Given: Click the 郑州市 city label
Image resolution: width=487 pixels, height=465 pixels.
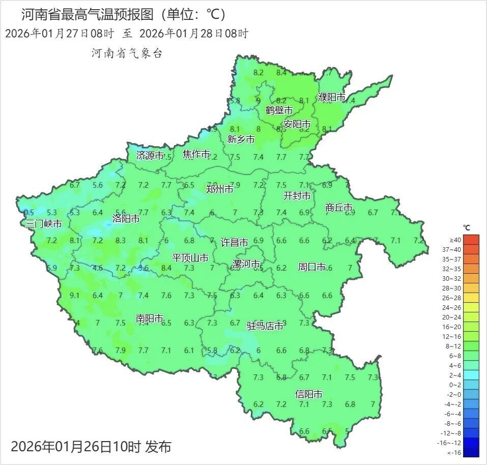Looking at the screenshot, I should pyautogui.click(x=219, y=189).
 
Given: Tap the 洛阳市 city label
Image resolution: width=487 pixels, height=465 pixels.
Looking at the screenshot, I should pyautogui.click(x=126, y=219).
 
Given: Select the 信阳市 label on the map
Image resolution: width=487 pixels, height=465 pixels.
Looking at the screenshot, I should pyautogui.click(x=309, y=394).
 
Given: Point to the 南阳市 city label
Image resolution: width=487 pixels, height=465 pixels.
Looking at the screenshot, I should pyautogui.click(x=150, y=318).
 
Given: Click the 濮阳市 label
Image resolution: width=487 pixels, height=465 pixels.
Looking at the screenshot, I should pyautogui.click(x=331, y=97).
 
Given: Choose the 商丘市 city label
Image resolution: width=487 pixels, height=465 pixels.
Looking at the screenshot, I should pyautogui.click(x=339, y=208).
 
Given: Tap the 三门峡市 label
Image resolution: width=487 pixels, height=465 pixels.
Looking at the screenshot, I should pyautogui.click(x=44, y=224).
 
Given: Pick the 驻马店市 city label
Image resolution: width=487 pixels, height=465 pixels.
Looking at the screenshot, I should pyautogui.click(x=265, y=326).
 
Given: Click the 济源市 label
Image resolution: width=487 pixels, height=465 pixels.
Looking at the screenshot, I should pyautogui.click(x=150, y=156).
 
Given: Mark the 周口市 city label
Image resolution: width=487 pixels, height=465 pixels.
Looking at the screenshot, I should pyautogui.click(x=311, y=267).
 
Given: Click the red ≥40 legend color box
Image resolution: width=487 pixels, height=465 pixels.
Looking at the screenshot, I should pyautogui.click(x=472, y=240).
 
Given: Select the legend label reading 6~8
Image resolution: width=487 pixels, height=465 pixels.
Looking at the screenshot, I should pyautogui.click(x=455, y=356).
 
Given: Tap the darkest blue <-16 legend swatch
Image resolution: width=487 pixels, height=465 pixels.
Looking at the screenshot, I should pyautogui.click(x=472, y=452).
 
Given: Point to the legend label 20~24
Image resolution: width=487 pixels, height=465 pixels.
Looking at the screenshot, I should pyautogui.click(x=452, y=317).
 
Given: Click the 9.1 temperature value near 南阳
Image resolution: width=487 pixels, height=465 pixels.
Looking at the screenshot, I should pyautogui.click(x=74, y=296).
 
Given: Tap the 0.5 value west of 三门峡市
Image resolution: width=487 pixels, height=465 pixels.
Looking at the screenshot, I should pyautogui.click(x=29, y=213).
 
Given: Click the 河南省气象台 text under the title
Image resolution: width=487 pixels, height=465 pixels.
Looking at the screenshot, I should pyautogui.click(x=127, y=53).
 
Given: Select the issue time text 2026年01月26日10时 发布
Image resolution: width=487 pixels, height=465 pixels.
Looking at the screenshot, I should pyautogui.click(x=91, y=447).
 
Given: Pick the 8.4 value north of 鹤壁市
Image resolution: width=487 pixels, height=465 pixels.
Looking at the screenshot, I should pyautogui.click(x=281, y=73).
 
